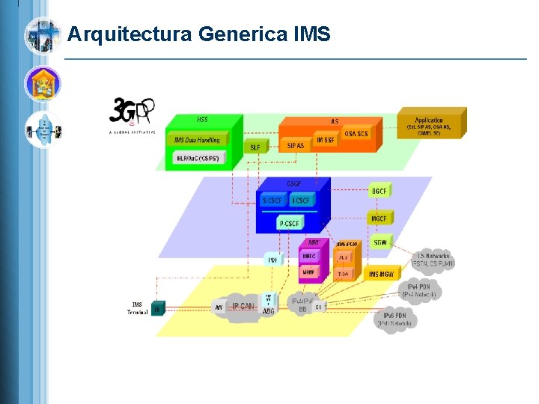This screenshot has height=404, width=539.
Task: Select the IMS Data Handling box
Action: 197,141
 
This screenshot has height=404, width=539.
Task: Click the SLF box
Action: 255,147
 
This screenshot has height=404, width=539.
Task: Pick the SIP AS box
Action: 295,145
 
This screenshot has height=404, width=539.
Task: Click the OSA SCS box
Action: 356,134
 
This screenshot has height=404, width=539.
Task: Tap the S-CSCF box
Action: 272,201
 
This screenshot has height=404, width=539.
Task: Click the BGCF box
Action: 380,192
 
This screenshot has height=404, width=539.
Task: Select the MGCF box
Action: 380,218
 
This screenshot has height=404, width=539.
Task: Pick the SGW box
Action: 380,242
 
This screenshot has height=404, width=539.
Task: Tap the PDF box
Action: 273,260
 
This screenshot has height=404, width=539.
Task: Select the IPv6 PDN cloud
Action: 395,319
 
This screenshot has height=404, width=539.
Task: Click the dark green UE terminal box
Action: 157,308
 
